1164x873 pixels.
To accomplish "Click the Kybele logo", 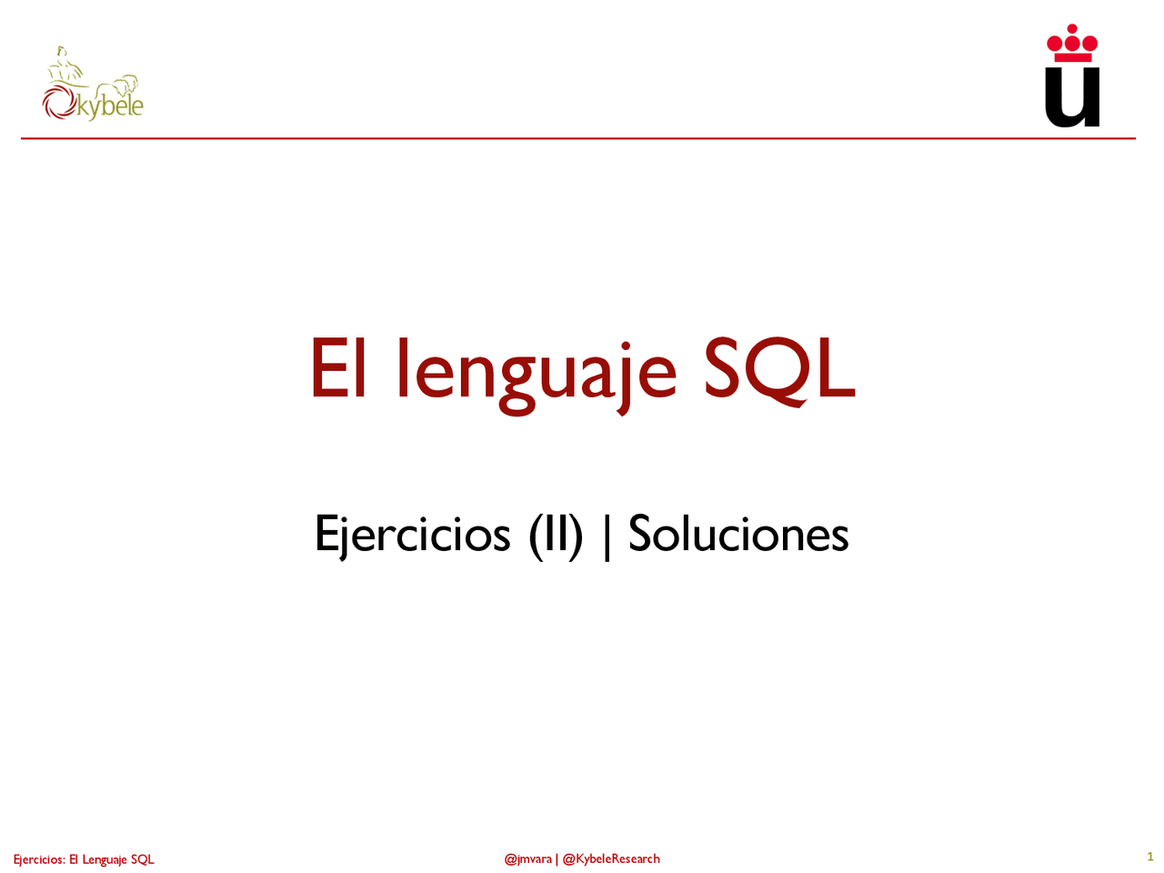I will coord(93,87).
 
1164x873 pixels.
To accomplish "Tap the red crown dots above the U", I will coord(1072,41).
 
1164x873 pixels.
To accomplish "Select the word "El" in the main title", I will coord(337,369).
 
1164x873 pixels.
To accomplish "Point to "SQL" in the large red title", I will coord(779,369).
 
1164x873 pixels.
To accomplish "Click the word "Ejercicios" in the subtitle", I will coord(412,534).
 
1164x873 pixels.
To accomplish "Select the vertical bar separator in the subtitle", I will coord(607,536).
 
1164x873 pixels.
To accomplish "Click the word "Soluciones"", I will coord(738,534).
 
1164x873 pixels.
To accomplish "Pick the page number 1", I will coord(1149,857).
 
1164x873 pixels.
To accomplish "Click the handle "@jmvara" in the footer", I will coord(527,858).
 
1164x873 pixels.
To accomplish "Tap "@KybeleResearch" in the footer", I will coord(611,858).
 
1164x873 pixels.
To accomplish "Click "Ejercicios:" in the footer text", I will coord(39,859).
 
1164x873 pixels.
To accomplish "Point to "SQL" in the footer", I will coord(143,859).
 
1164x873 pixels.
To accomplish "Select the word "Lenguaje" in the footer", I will coord(105,859).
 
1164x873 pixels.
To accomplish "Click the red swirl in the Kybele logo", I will coord(58,103).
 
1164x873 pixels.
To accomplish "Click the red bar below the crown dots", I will coord(1072,57).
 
